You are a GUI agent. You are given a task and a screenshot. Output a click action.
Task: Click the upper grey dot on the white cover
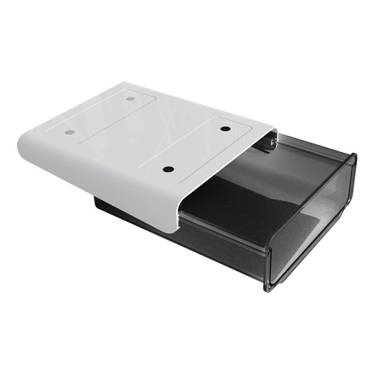pos(130,99)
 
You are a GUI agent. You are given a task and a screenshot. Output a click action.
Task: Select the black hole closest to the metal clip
pos(226,128)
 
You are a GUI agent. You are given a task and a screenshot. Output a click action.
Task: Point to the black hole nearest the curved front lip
pos(168,169)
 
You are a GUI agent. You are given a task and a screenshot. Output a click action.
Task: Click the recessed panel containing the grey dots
pos(99,117)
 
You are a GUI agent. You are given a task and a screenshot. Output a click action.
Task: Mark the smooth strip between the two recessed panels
pos(149,131)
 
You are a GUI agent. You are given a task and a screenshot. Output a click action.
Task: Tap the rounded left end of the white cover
pos(26,146)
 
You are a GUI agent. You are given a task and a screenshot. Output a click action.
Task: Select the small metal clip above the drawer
pos(271,141)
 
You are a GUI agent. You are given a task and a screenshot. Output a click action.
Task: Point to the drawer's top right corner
pos(353,156)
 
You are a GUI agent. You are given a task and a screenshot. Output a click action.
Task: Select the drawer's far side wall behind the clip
pos(310,149)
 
